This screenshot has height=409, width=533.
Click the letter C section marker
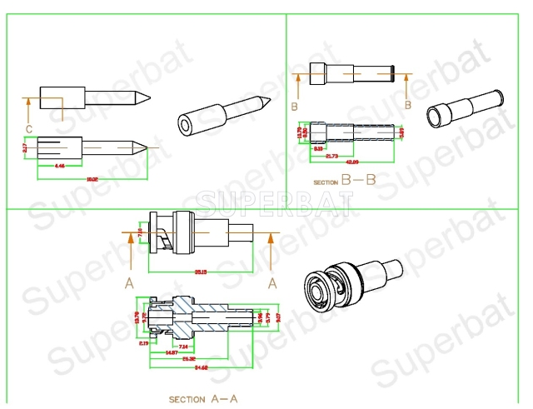[29, 127]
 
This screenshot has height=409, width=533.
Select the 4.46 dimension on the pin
[60, 167]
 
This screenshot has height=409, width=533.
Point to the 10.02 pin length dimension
[92, 178]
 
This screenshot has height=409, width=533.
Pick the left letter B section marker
[295, 107]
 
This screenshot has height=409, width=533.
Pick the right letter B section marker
[407, 105]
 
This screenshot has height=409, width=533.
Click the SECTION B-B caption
[345, 180]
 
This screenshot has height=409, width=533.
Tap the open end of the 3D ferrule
[435, 116]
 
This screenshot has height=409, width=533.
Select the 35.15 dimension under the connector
[199, 272]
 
